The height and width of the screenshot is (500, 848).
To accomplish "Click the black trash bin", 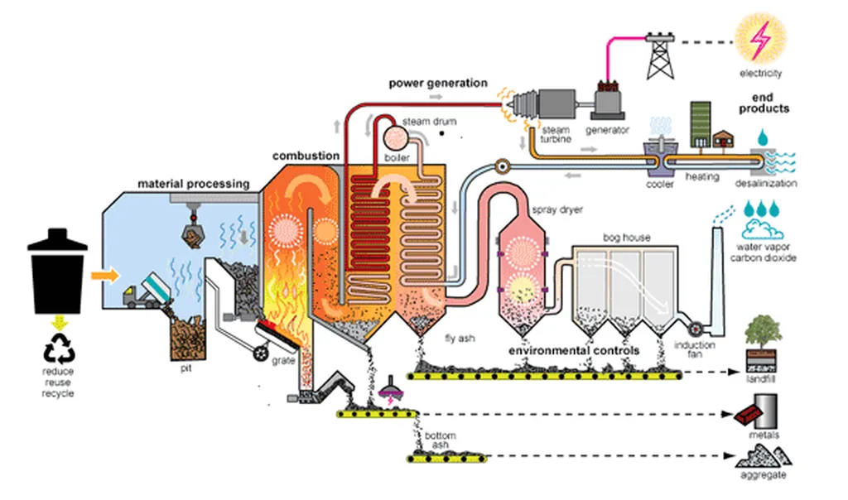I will coord(58,273).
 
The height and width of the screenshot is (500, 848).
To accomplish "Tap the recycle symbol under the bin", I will coord(60,353).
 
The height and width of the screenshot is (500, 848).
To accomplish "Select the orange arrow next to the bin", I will coord(104,272).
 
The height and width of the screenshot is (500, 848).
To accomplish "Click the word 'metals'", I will coord(764,435).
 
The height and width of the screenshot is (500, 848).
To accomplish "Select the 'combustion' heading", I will coord(306,156).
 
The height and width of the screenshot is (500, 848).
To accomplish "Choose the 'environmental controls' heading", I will coord(574,350).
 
